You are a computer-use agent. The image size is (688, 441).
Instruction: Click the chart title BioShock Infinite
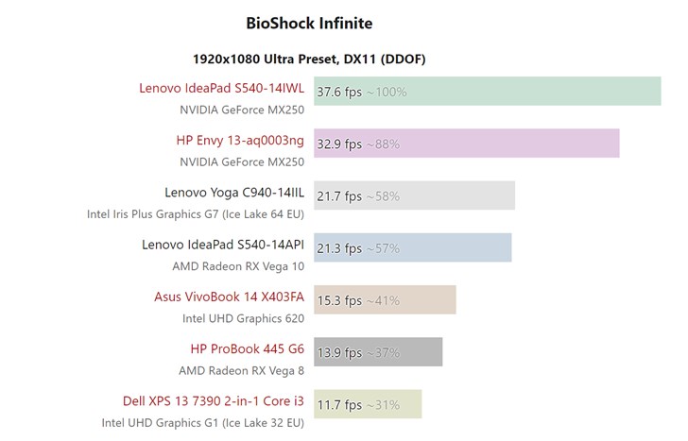pos(309,23)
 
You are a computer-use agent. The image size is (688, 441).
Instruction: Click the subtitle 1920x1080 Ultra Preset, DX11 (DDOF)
pos(309,59)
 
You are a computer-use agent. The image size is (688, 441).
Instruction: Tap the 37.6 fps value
pos(339,92)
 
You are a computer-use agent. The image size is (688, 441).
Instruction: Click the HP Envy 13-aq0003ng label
pos(240,140)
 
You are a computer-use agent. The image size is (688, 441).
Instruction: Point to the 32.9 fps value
pos(339,144)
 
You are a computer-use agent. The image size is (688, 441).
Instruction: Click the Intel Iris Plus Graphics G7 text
pos(196,213)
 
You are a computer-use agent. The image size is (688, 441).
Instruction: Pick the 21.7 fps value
pos(339,196)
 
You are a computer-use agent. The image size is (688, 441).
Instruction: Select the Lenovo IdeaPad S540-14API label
pos(223,244)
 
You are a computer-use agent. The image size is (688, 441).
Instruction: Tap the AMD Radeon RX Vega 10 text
pos(238,265)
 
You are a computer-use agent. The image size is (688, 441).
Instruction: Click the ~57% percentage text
pos(383,248)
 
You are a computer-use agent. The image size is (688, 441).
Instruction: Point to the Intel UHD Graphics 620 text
pos(243,318)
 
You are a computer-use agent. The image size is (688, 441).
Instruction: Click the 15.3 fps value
pos(339,301)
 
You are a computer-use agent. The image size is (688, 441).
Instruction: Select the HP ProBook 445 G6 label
pos(247,348)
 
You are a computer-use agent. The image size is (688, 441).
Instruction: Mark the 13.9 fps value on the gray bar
pos(339,353)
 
